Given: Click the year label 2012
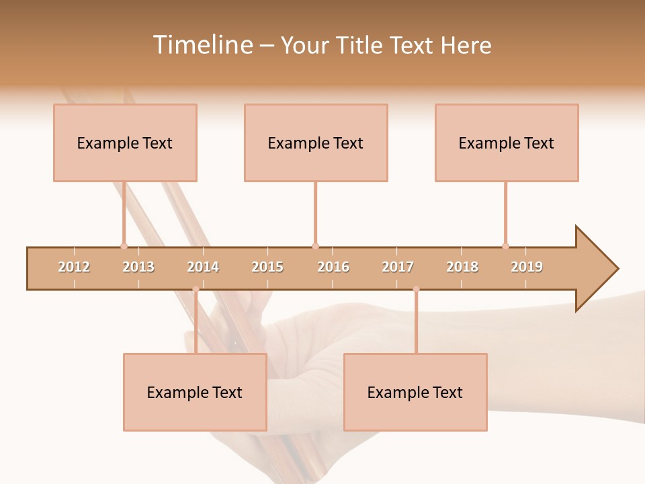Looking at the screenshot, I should click(x=74, y=267).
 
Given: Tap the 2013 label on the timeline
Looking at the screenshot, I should click(x=138, y=267).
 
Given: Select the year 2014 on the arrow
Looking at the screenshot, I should click(x=203, y=267).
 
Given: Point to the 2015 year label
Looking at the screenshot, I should click(x=267, y=267).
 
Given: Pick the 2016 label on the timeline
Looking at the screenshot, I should click(x=333, y=267).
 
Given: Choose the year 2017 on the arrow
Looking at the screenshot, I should click(x=398, y=267).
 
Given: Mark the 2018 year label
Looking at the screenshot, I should click(x=462, y=267).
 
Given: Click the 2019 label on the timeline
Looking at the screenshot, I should click(x=527, y=267).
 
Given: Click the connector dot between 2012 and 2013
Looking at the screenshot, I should click(x=124, y=246).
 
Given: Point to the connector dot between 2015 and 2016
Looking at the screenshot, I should click(x=315, y=246).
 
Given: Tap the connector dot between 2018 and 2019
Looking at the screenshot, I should click(x=505, y=246).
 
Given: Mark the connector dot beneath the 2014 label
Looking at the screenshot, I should click(x=196, y=290).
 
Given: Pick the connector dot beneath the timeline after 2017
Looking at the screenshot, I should click(x=416, y=290).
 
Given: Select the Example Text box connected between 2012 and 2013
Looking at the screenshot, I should click(x=125, y=143).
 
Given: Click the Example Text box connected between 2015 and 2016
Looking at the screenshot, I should click(x=316, y=143).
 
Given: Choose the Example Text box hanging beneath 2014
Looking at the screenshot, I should click(x=195, y=392).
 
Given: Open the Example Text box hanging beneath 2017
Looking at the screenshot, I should click(x=415, y=392).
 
